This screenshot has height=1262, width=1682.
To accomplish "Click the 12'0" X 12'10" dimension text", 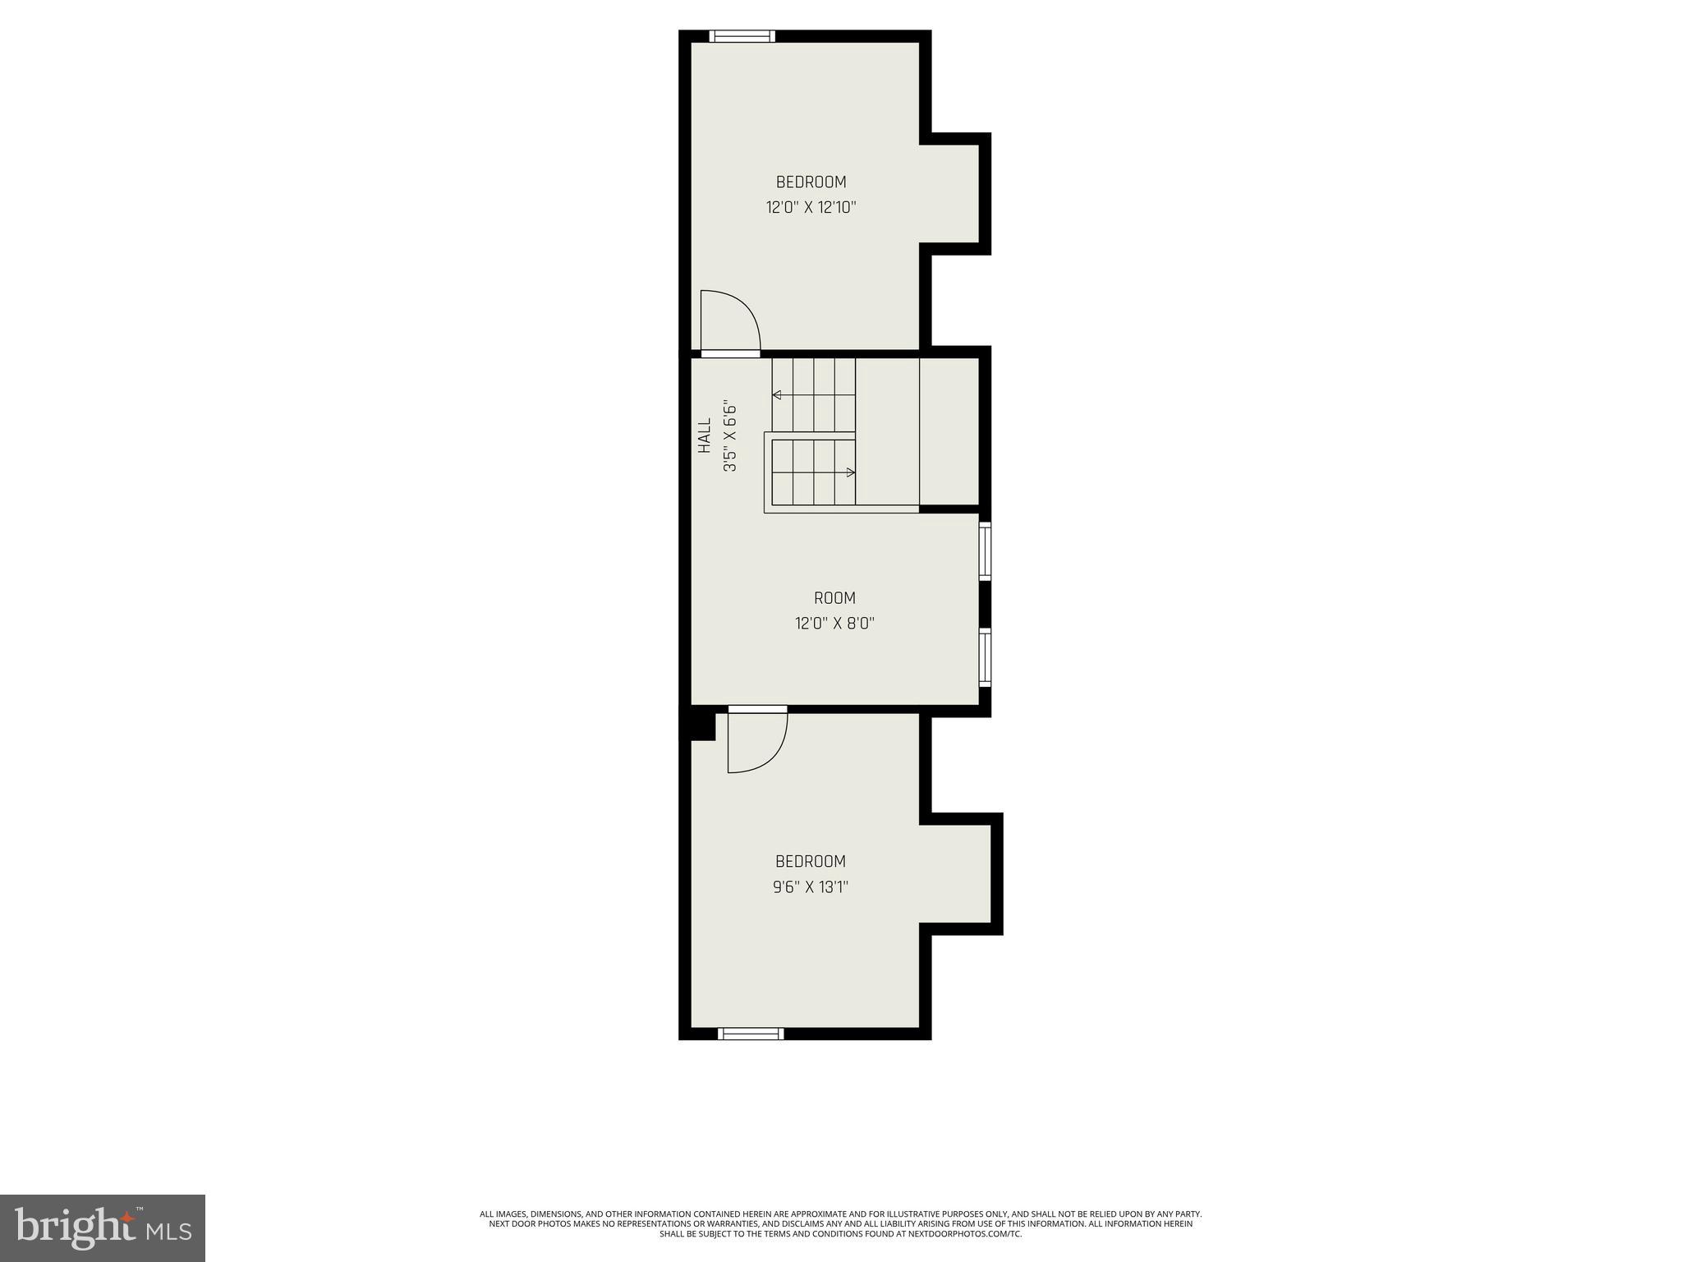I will coord(811,207).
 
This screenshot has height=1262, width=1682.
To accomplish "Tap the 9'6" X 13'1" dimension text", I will coord(811,887).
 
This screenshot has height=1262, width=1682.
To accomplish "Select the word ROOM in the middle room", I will coord(834,598).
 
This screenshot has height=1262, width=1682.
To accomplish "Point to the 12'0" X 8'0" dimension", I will coord(834,624).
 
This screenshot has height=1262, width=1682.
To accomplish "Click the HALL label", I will coord(705,435).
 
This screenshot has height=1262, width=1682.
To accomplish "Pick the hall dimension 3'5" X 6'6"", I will coord(729,435).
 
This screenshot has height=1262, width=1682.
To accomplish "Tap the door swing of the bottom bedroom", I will coord(757,742).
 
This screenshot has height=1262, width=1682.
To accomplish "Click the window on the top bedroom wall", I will coord(742,36).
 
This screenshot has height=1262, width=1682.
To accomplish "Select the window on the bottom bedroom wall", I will coord(751,1034).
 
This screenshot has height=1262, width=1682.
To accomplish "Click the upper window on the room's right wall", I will coord(985,551).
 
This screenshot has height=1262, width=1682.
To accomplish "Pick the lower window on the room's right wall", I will coord(985,657).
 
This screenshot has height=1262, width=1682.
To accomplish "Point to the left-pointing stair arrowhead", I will coord(776,395).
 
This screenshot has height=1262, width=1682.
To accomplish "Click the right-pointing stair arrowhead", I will coord(851,472).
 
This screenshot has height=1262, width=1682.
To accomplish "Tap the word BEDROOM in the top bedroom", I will coord(811,182).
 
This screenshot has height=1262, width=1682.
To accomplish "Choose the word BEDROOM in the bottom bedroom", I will coord(811,861).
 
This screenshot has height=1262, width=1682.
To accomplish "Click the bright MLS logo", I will coord(103,1227).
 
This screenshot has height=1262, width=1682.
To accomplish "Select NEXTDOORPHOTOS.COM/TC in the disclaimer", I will coord(978,1257).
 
